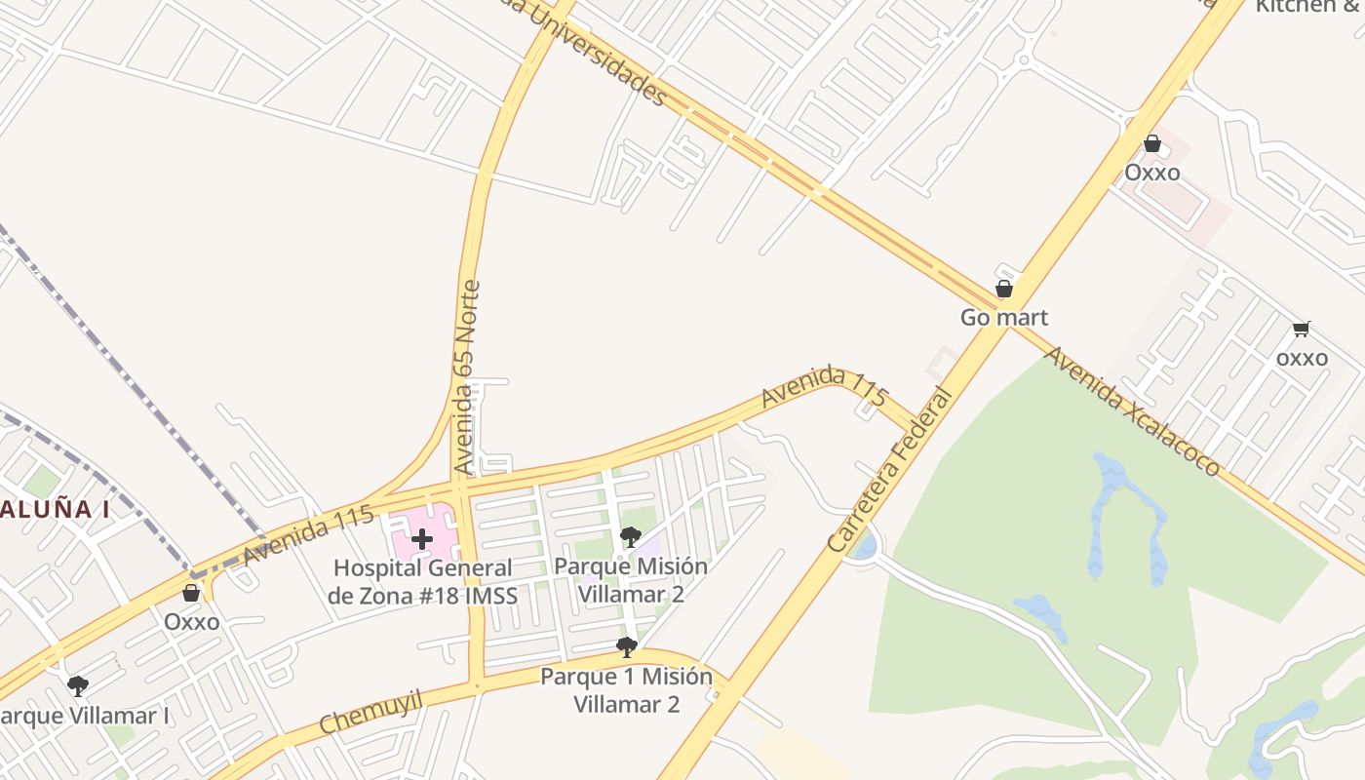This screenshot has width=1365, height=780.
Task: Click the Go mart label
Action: point(1003,317)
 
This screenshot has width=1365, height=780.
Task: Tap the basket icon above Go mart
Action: point(1003,289)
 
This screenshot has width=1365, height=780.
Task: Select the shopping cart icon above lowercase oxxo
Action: point(1301,330)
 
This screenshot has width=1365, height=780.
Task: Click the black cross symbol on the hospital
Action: point(421,539)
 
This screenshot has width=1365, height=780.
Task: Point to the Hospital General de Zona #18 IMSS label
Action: point(422,581)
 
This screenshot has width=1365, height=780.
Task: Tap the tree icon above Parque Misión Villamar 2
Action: point(630,536)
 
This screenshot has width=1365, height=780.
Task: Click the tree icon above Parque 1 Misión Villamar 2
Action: point(626,646)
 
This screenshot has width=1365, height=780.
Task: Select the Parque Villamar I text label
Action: point(86,716)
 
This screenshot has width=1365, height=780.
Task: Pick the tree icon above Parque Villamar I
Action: point(78,686)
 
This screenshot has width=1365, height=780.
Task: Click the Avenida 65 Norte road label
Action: point(468,377)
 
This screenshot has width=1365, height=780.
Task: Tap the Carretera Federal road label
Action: point(889,470)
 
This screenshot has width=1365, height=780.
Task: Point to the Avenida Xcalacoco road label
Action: point(1131,410)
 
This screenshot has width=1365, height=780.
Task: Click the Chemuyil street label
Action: point(370,711)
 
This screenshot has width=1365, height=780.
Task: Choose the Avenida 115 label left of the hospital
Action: point(308,534)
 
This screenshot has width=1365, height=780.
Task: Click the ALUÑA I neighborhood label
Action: point(54,508)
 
